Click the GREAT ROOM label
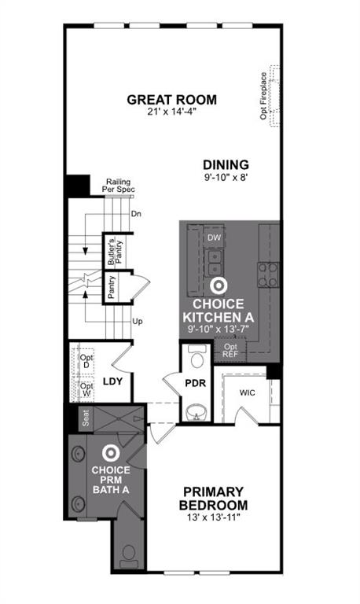tap(171, 100)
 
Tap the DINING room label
tap(226, 165)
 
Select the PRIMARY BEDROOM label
tap(213, 498)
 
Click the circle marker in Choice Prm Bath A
tap(111, 453)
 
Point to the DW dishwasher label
tap(214, 237)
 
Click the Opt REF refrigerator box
tap(230, 350)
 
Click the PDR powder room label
tap(195, 383)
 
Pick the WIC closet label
tap(247, 392)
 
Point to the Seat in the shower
tap(86, 419)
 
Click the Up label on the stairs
tap(137, 321)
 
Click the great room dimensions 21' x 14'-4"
tap(171, 112)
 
